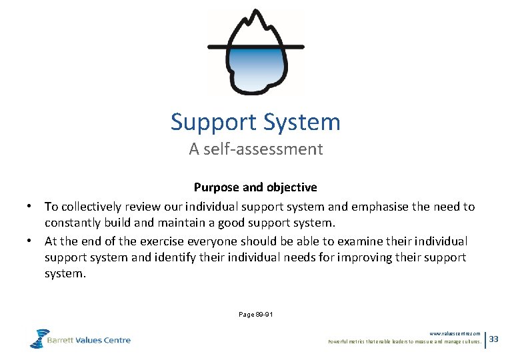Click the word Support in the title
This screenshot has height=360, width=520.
click(x=214, y=123)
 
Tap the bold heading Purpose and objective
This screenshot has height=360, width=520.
click(x=255, y=187)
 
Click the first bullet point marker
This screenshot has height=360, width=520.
click(x=31, y=207)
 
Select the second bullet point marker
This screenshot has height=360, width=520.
click(x=31, y=241)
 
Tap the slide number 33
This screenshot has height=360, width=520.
click(x=494, y=339)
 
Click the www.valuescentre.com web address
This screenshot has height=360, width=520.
click(x=455, y=333)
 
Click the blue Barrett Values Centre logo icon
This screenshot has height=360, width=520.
click(x=39, y=338)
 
